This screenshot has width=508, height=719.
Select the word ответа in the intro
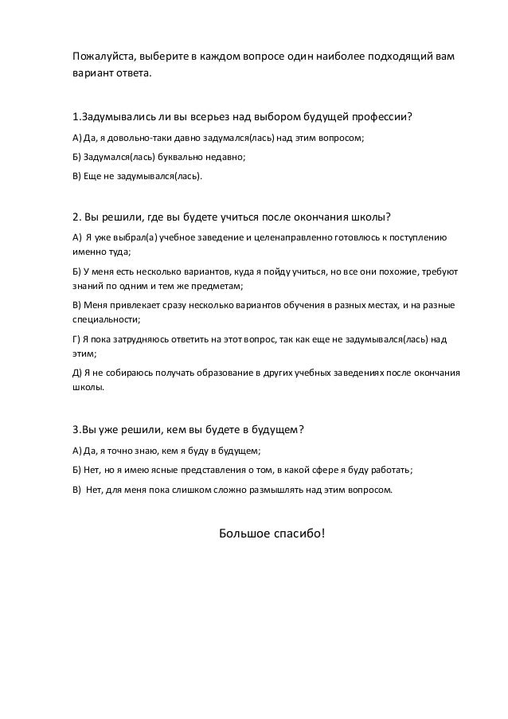[x=131, y=76]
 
